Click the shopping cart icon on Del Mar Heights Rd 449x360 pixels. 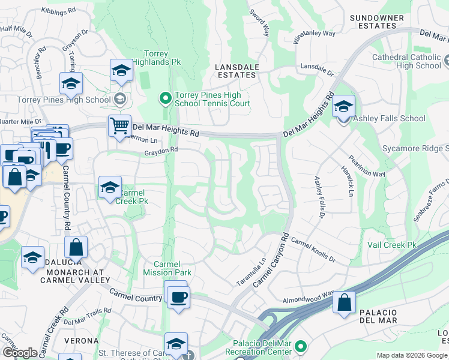(x=119, y=127)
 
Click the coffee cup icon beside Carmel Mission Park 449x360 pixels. (x=178, y=297)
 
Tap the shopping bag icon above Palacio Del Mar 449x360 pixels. (x=345, y=304)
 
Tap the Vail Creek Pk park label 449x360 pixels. (x=391, y=245)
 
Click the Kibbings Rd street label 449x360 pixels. (x=59, y=11)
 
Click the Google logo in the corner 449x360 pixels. (x=20, y=352)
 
